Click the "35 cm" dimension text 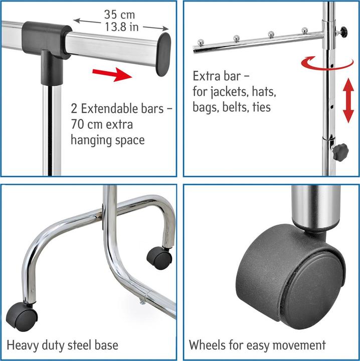(119, 15)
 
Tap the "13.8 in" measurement (122, 27)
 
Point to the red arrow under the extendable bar (112, 74)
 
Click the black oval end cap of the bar (163, 54)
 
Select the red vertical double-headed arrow (348, 100)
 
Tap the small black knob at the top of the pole (343, 30)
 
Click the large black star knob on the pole (340, 152)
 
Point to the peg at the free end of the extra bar (201, 42)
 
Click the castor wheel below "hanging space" (159, 258)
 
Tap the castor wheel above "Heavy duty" (22, 317)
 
